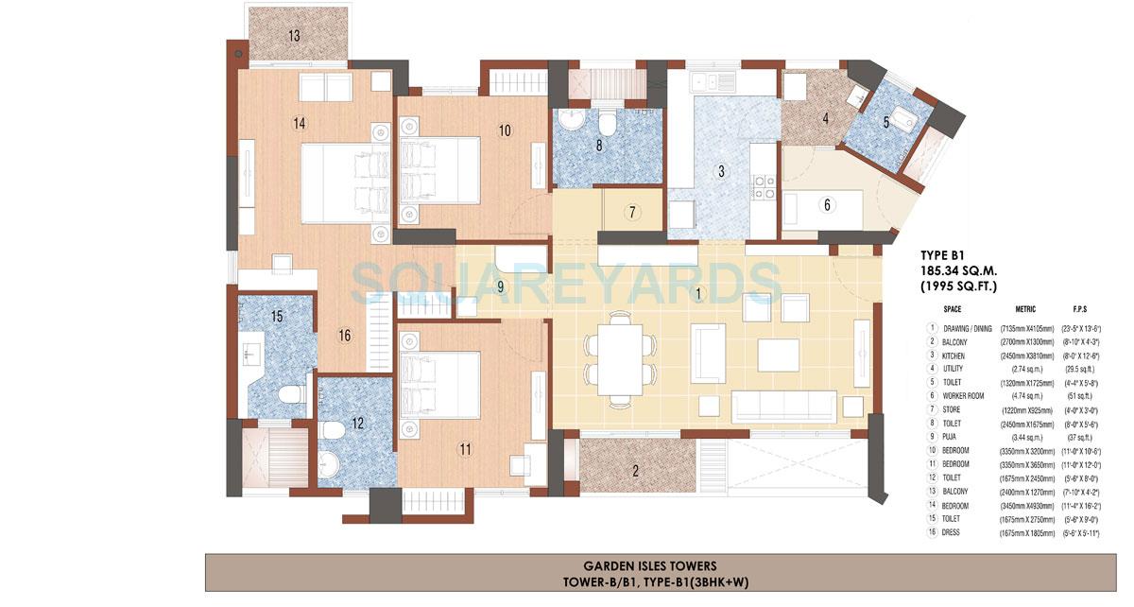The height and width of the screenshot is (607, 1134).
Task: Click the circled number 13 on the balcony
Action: coord(295,37)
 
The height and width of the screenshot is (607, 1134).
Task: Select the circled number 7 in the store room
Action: coord(632,212)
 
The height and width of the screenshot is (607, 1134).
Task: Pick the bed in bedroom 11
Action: coord(442,384)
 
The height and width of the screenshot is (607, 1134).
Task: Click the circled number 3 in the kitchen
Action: coord(721,172)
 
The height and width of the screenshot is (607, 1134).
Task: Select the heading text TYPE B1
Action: coord(949,254)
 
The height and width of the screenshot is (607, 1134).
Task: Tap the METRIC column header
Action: coord(1025,309)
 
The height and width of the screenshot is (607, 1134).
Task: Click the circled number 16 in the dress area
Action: coord(344,335)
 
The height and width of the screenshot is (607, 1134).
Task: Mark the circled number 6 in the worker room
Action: coord(827,204)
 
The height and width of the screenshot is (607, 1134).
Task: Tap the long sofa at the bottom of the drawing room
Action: coord(786,406)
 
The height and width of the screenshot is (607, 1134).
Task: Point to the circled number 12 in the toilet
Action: coord(357,424)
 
